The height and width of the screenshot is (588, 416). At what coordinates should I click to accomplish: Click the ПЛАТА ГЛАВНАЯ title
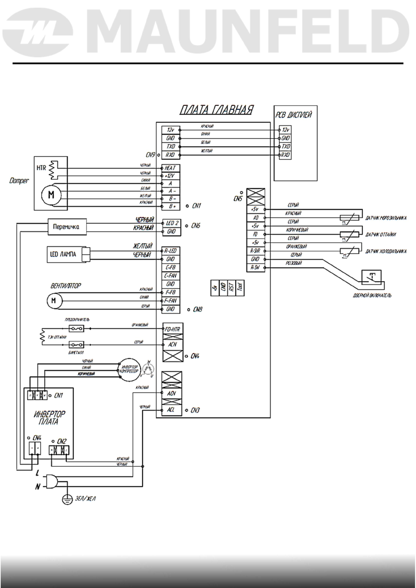point(216,110)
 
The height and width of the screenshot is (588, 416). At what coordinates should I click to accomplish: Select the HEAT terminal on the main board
point(170,168)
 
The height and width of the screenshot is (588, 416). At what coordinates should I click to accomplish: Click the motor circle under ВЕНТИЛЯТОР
point(54,301)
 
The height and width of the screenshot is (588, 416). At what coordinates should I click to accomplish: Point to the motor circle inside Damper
point(51,194)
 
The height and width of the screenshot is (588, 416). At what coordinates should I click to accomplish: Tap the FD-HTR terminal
point(172,329)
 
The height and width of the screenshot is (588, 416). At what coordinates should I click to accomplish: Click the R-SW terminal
point(255,268)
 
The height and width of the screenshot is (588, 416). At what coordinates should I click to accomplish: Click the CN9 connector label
point(150,154)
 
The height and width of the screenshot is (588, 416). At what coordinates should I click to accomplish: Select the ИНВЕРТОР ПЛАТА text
point(49,418)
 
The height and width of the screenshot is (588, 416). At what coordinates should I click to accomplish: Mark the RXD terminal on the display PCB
point(286,155)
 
